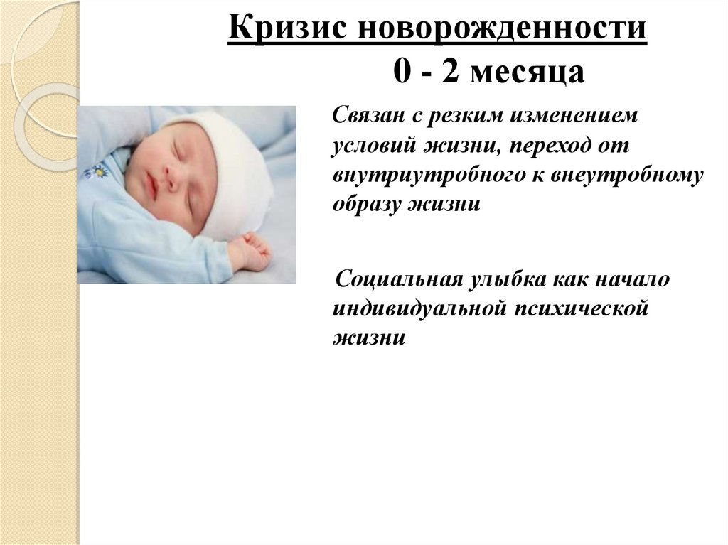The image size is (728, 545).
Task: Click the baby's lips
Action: pyautogui.click(x=151, y=186)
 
